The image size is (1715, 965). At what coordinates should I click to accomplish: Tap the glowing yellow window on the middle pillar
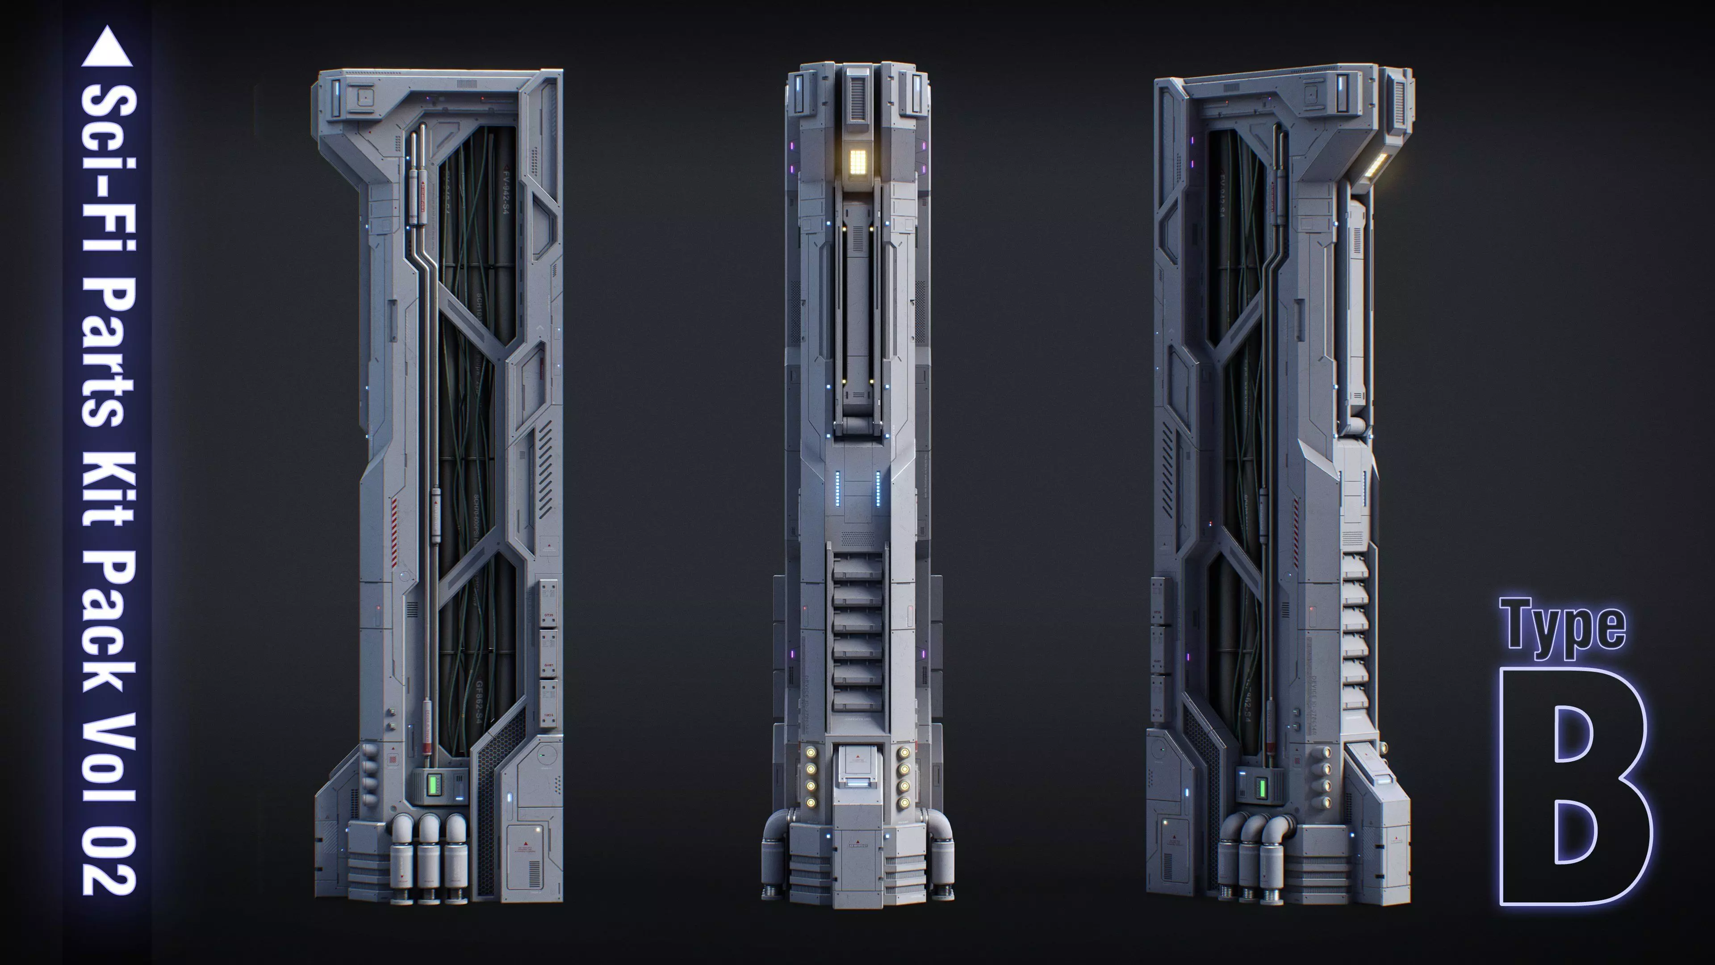[857, 161]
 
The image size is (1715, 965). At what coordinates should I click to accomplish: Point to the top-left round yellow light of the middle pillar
[811, 752]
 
